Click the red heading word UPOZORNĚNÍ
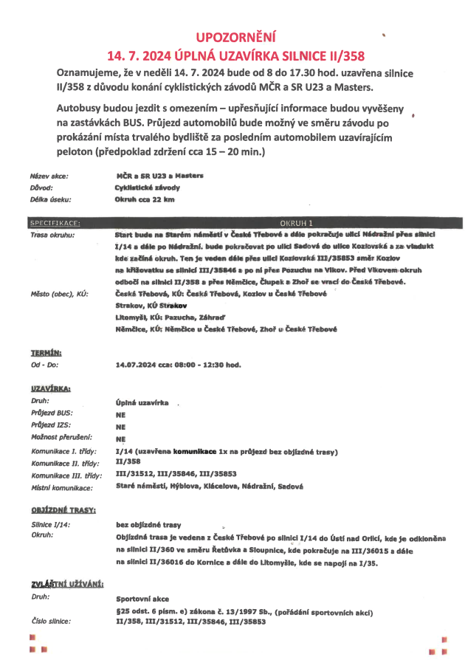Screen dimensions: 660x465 click(x=235, y=36)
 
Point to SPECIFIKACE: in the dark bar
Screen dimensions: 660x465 click(x=56, y=222)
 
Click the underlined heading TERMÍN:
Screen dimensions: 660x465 click(x=46, y=353)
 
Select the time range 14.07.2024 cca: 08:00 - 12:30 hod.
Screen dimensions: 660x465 click(x=179, y=365)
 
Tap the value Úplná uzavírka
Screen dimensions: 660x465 click(x=143, y=403)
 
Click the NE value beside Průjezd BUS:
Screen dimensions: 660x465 click(x=121, y=415)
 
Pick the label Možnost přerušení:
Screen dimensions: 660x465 click(x=61, y=439)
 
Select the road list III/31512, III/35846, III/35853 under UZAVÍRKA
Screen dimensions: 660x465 click(x=176, y=475)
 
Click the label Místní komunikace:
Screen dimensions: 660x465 click(x=63, y=487)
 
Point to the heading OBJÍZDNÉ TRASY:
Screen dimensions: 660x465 click(x=63, y=511)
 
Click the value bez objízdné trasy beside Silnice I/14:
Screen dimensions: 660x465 click(x=149, y=524)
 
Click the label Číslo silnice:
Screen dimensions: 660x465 click(x=51, y=622)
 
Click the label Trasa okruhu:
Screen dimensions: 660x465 click(x=52, y=235)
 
